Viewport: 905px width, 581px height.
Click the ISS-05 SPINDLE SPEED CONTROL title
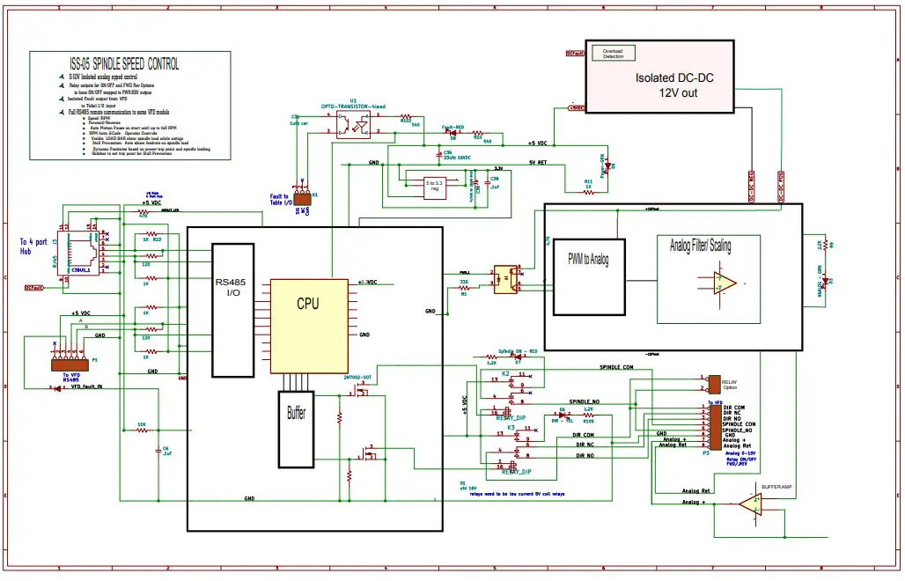(x=124, y=64)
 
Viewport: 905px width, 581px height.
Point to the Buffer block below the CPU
(x=297, y=429)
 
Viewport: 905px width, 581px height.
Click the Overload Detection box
(x=612, y=53)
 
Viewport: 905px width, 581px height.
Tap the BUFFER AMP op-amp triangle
(x=750, y=504)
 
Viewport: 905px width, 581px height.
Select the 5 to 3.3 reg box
(x=433, y=187)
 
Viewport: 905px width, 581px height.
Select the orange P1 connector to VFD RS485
(x=70, y=364)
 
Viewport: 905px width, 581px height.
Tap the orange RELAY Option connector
(x=714, y=384)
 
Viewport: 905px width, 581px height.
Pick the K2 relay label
(x=505, y=374)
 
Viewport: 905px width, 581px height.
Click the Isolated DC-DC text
(x=674, y=78)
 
